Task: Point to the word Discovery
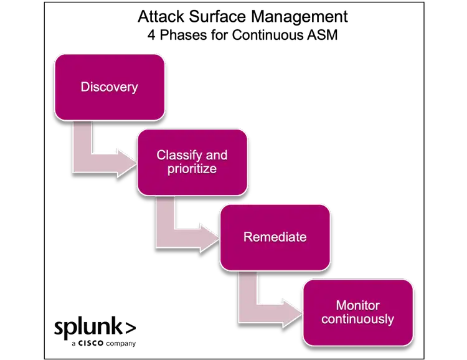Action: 110,87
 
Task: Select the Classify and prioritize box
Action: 192,162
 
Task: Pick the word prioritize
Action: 192,169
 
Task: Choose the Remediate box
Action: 275,237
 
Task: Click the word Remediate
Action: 275,237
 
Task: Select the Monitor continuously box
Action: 358,312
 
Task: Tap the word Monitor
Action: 358,305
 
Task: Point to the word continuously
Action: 358,319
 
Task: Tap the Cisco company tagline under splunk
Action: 103,343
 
